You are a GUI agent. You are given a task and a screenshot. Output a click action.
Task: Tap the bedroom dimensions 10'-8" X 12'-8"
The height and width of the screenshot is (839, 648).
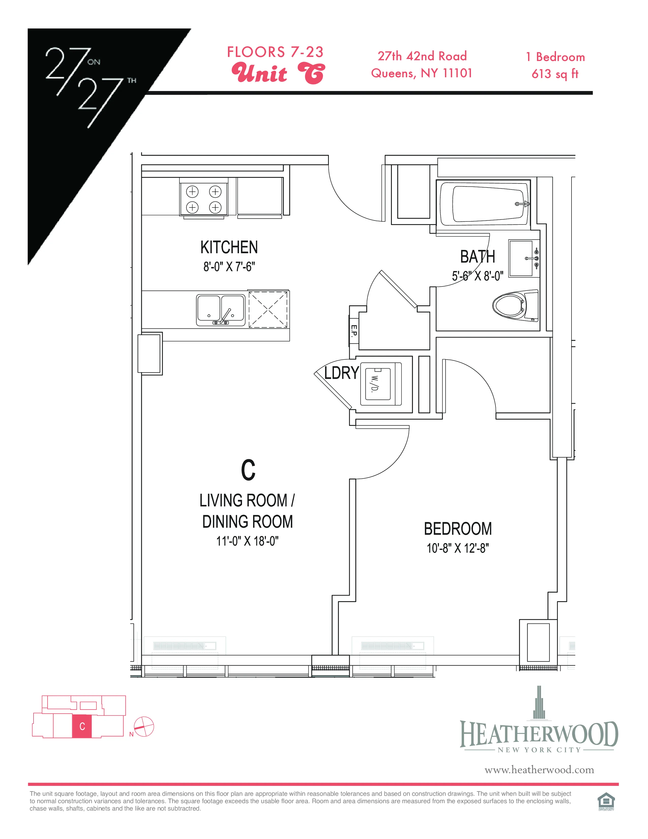click(458, 548)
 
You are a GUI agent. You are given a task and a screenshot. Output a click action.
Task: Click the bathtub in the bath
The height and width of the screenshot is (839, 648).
click(484, 204)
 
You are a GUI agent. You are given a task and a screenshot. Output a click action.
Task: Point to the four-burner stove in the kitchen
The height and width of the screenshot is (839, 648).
click(204, 199)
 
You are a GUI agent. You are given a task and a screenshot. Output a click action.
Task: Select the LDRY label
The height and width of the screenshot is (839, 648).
click(341, 373)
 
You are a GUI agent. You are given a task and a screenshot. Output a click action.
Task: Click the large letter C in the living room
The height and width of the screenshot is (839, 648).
click(248, 470)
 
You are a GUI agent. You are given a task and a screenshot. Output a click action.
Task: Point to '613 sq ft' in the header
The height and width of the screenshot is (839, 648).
click(555, 74)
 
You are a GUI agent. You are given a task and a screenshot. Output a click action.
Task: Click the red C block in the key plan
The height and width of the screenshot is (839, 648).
click(82, 726)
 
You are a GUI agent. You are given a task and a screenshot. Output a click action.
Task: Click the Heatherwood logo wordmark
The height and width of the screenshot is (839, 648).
click(539, 735)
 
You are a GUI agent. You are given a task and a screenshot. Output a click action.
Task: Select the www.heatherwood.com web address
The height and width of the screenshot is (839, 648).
click(539, 770)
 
